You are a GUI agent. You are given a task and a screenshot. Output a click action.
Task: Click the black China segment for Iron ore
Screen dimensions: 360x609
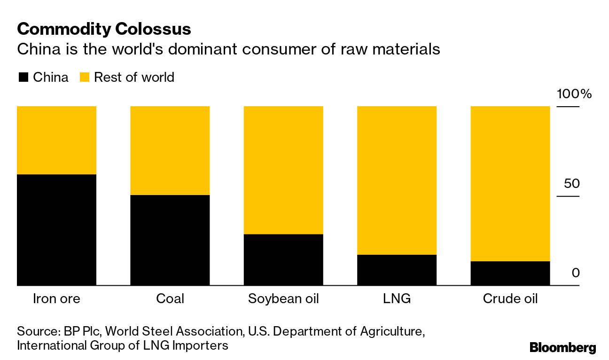coord(56,230)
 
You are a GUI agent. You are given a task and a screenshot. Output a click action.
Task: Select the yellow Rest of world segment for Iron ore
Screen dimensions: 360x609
coord(56,140)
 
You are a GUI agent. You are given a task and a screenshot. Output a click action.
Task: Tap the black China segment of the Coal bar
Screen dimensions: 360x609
coord(170,240)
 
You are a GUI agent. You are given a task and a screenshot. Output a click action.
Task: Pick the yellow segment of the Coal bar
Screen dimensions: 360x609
coord(170,150)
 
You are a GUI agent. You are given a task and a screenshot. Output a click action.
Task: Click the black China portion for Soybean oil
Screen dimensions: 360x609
coord(283,259)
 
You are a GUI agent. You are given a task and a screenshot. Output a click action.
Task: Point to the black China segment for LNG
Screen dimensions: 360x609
coord(397,270)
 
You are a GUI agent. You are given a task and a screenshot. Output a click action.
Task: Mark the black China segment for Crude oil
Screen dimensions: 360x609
coord(510,273)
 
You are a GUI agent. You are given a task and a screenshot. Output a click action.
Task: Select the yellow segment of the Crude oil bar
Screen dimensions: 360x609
coord(510,183)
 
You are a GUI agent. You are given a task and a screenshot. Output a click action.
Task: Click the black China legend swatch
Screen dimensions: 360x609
coord(23,78)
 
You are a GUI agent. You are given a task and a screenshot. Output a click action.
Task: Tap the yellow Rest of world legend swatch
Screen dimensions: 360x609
coord(85,78)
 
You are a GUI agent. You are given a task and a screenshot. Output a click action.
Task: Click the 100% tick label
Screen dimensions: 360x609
coord(574,94)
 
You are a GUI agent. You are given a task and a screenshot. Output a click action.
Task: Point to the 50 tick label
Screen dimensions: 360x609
coord(572,183)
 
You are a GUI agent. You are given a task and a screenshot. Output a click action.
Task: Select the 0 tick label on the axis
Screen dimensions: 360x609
coord(576,273)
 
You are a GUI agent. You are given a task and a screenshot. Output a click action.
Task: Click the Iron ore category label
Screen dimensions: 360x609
coord(56,299)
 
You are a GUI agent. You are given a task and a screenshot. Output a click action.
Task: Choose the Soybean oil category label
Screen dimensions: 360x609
coord(283,299)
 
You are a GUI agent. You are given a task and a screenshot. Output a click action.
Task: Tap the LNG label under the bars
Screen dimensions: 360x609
coord(397,299)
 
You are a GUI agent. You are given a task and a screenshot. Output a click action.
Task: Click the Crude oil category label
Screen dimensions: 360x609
coord(510,299)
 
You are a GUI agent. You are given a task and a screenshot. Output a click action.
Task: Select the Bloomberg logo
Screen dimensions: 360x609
coord(563,348)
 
